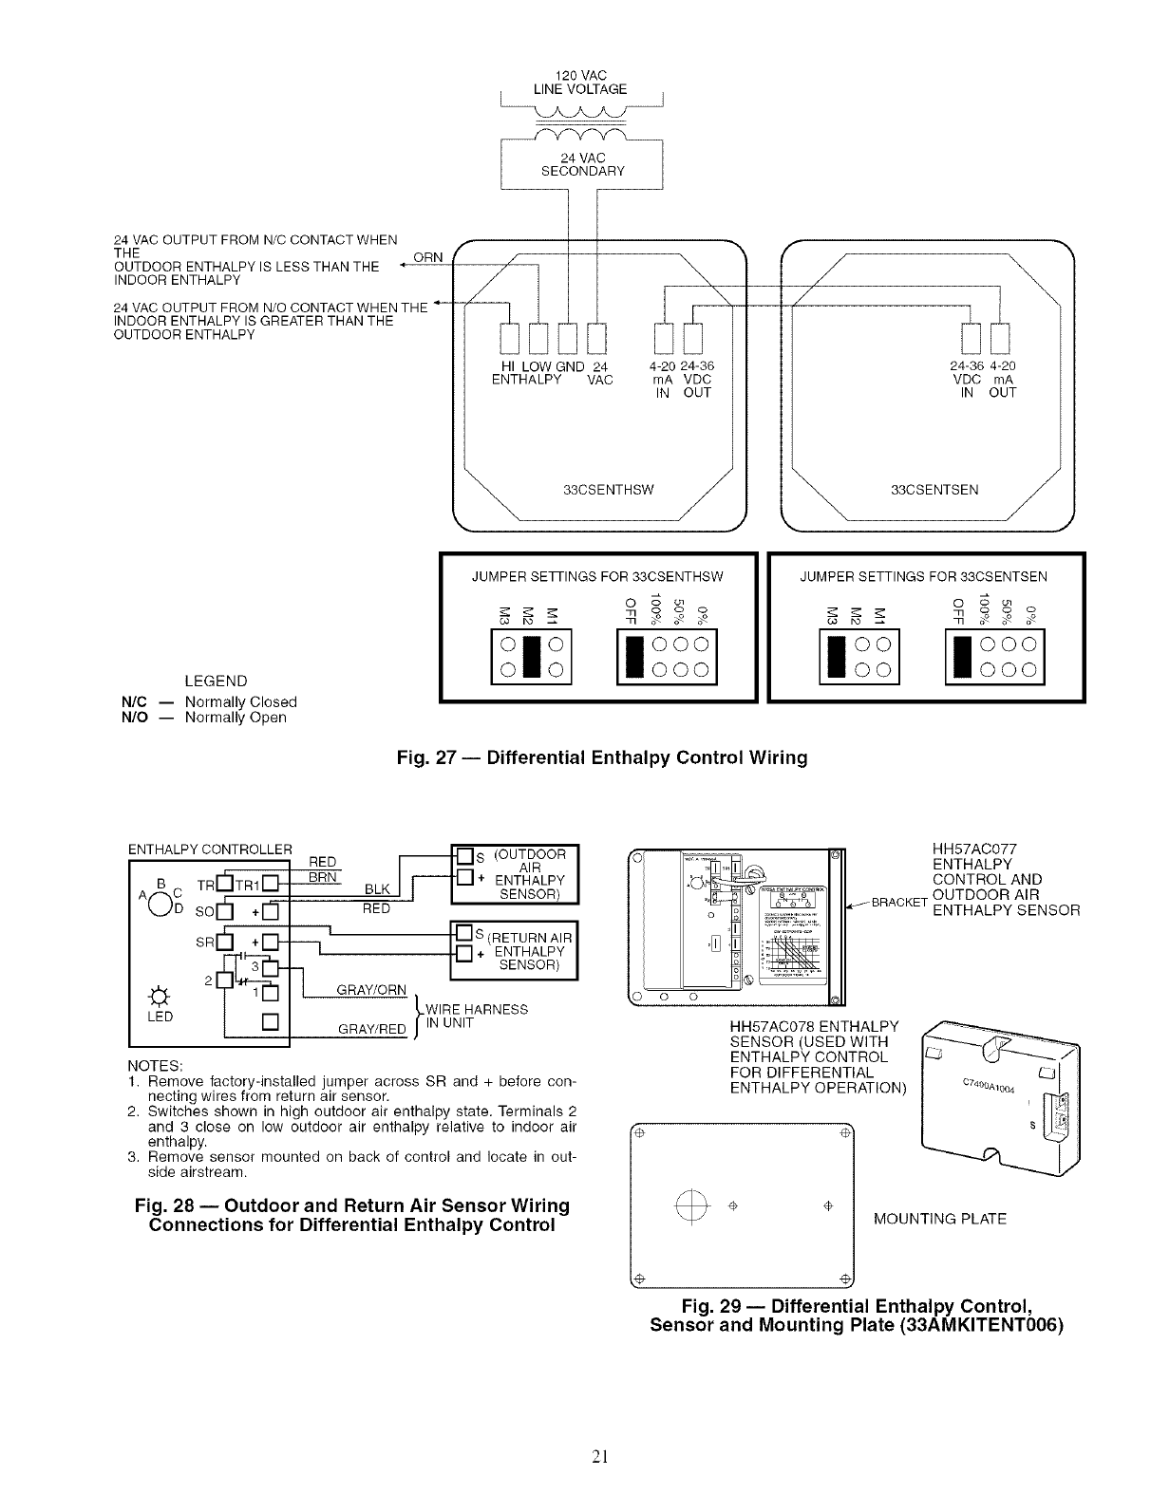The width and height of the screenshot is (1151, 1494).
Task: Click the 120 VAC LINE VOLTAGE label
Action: (581, 82)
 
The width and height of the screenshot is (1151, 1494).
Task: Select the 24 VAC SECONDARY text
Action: (582, 164)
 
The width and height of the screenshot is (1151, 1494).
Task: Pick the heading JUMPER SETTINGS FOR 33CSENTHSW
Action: (597, 576)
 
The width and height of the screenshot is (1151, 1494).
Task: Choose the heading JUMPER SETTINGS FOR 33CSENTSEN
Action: (924, 576)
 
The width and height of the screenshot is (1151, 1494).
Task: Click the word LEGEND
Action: (216, 682)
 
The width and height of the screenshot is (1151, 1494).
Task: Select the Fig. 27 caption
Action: (602, 757)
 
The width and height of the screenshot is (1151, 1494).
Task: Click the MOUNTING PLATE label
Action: (938, 1218)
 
